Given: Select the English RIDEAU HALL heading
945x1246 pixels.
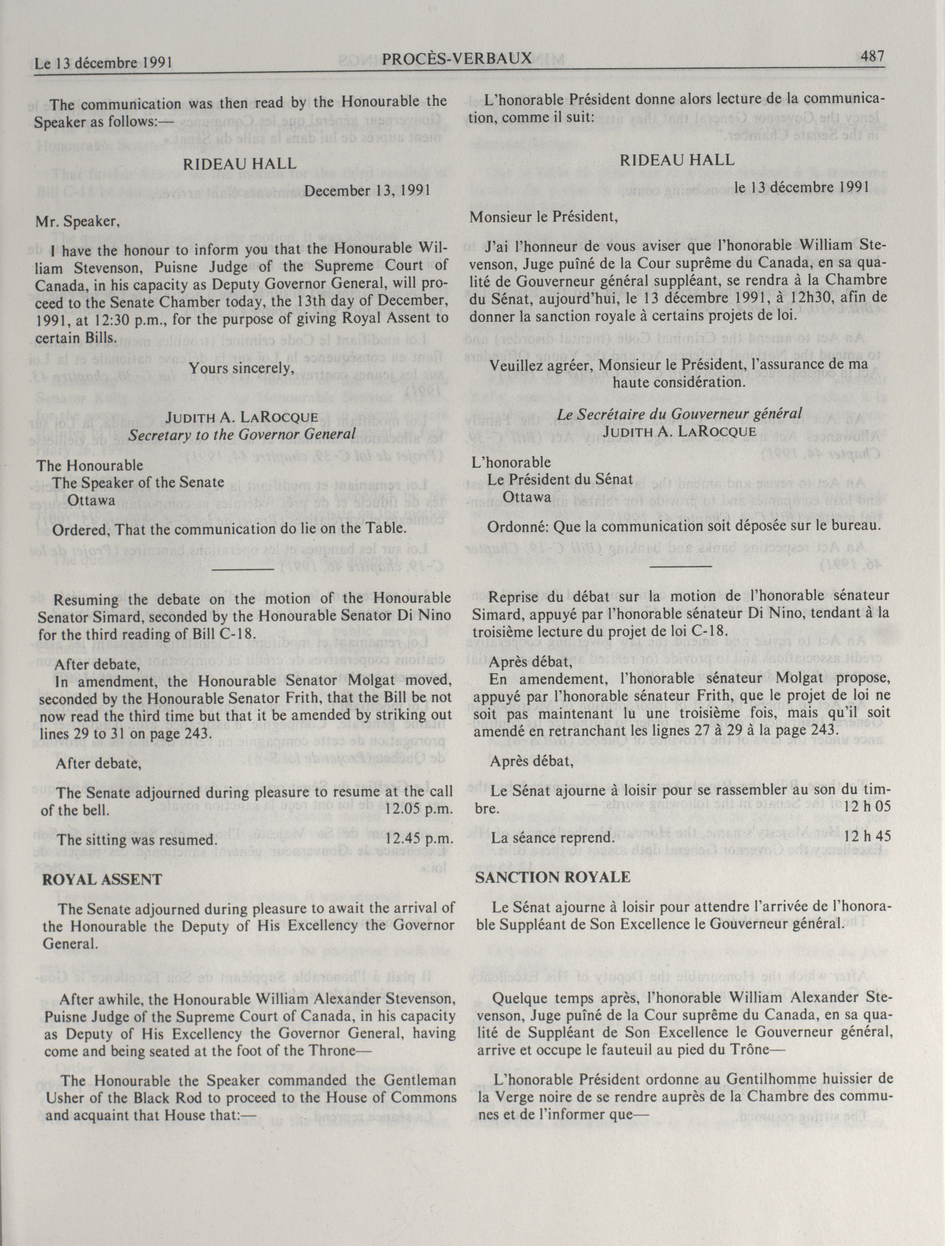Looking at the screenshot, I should pyautogui.click(x=239, y=164).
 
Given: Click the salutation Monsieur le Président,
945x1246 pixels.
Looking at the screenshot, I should pyautogui.click(x=544, y=217).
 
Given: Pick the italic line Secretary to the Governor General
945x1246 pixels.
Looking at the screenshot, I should pyautogui.click(x=242, y=434).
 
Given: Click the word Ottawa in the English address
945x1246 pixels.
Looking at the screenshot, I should pyautogui.click(x=91, y=500).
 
